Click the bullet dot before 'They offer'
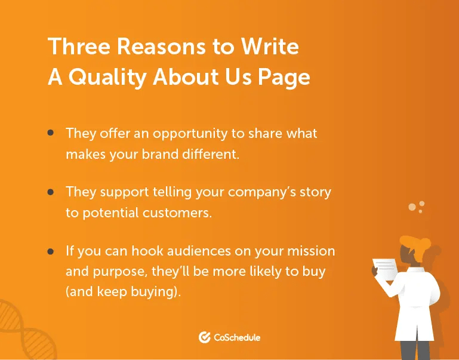51,133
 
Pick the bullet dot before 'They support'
51,192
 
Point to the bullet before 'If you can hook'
51,251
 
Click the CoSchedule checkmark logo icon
205,337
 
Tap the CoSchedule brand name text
237,337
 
